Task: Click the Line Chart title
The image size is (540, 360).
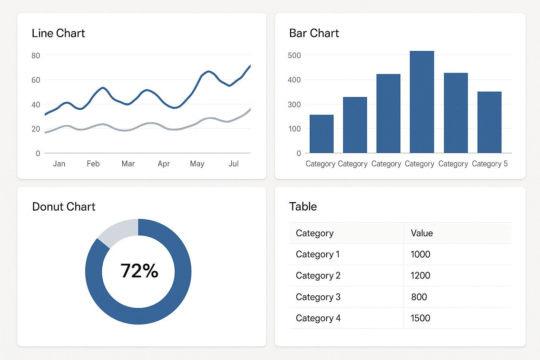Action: tap(58, 33)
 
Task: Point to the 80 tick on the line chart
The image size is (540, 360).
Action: tap(36, 56)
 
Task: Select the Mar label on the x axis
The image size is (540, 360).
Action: tap(128, 163)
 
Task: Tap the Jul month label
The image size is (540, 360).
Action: tap(233, 163)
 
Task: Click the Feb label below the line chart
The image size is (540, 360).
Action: tap(93, 163)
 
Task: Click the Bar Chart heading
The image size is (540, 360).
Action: tap(314, 33)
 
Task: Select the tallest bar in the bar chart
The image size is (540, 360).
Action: tap(422, 102)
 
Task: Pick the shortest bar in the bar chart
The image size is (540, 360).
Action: tap(321, 134)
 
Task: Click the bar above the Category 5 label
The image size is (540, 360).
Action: tap(489, 122)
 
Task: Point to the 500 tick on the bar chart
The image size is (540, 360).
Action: tap(294, 56)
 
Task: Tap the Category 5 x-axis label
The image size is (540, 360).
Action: tap(490, 164)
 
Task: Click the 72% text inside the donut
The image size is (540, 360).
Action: tap(139, 271)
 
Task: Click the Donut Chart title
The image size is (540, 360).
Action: tap(64, 206)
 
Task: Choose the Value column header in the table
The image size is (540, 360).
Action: tap(422, 233)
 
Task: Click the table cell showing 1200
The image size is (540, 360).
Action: tap(420, 276)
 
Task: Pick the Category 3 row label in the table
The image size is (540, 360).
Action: tap(318, 297)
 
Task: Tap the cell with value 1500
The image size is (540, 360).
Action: tap(420, 318)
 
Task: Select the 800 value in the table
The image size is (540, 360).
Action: tap(419, 297)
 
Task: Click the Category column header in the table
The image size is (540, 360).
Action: tap(315, 233)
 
